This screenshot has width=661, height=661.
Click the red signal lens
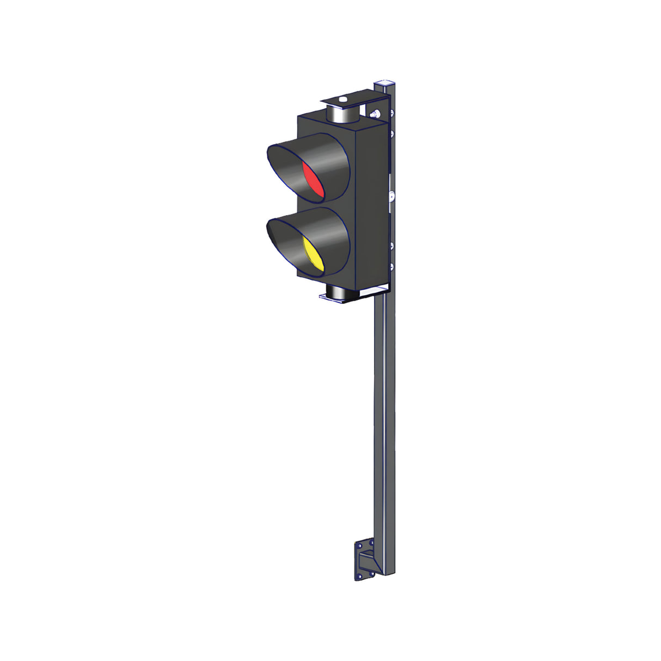click(314, 179)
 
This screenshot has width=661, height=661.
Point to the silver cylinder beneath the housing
click(341, 294)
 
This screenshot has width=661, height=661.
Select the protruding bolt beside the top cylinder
click(374, 114)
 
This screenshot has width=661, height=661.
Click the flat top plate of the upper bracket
click(354, 100)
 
